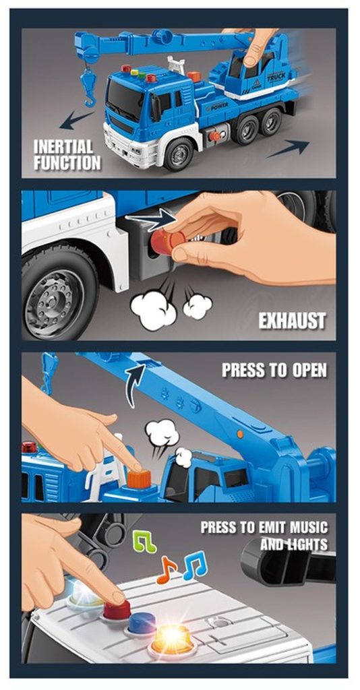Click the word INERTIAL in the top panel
[x=63, y=146]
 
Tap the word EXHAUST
[x=292, y=321]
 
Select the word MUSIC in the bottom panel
[x=307, y=527]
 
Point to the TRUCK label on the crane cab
[x=276, y=77]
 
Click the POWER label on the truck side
[x=218, y=107]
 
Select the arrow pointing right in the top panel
[x=288, y=148]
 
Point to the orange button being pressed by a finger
[x=139, y=479]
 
